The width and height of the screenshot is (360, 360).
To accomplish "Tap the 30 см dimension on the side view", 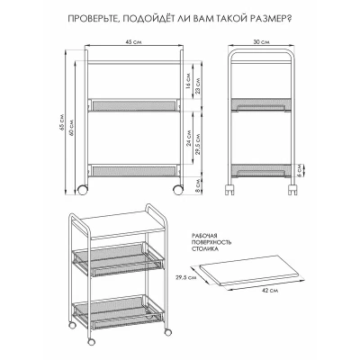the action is click(261, 42).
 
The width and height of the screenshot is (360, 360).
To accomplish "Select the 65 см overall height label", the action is click(62, 123).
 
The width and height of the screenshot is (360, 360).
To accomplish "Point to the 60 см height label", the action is click(71, 129).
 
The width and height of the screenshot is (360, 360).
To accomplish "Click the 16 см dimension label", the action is click(188, 81).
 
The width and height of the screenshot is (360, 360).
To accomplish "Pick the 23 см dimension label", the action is click(198, 86).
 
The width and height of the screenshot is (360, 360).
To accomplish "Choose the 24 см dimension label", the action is click(188, 139).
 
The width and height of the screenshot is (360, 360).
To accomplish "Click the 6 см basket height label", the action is click(300, 170).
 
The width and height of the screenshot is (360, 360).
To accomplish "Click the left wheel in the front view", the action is click(83, 189).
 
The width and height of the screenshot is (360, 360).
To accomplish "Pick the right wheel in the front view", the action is click(177, 189).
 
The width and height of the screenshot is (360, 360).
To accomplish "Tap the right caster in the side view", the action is click(292, 190).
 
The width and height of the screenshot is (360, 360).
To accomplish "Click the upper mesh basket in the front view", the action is click(134, 104).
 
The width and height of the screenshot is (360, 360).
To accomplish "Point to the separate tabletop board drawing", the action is click(245, 270).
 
